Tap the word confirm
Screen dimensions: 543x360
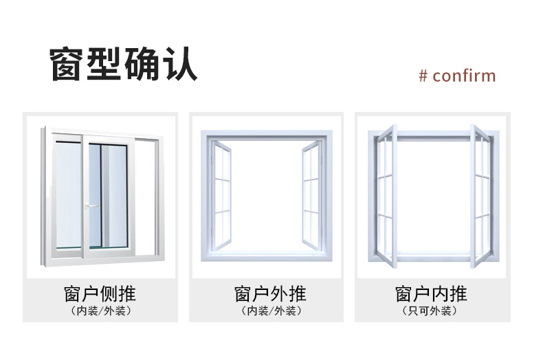(x=464, y=75)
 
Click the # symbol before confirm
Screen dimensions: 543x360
(x=423, y=75)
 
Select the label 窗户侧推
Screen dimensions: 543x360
(x=100, y=295)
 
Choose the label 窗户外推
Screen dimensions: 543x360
(x=270, y=295)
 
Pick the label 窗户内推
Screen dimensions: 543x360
(x=431, y=295)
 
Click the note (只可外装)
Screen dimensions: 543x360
(x=431, y=311)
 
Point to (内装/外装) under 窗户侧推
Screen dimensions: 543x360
(x=100, y=311)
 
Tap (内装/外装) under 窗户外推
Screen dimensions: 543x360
(x=270, y=311)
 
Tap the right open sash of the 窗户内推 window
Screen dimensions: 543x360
(x=482, y=196)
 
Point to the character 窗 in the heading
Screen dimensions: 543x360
(x=68, y=65)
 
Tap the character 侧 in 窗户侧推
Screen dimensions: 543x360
(x=109, y=295)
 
